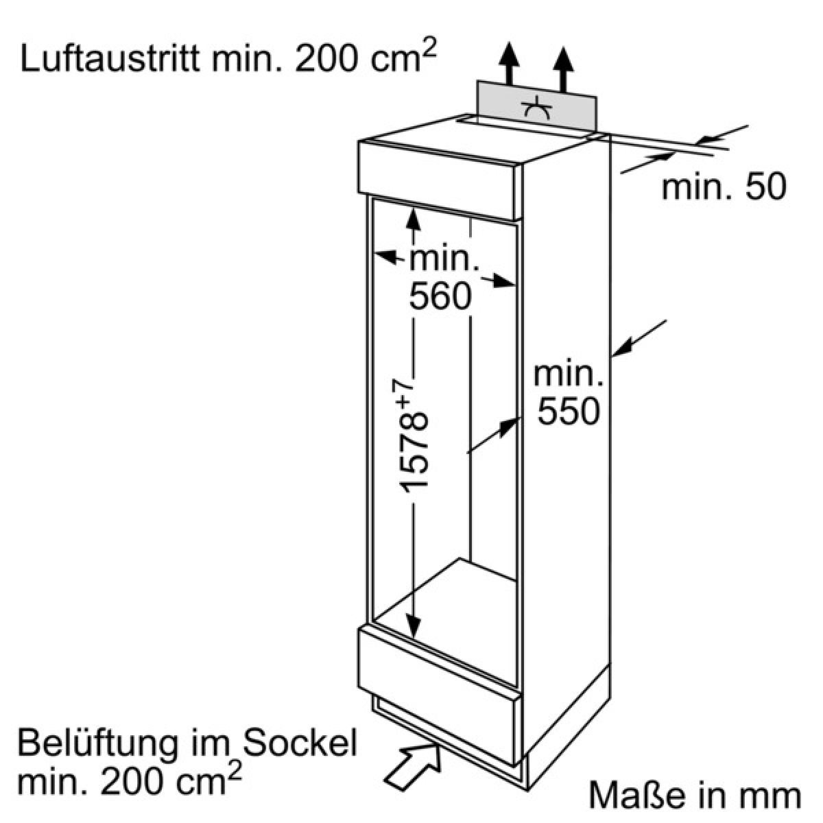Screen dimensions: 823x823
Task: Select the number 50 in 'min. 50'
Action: click(x=766, y=187)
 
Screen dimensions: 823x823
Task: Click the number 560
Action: click(x=440, y=296)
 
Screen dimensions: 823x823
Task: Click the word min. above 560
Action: click(x=444, y=258)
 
